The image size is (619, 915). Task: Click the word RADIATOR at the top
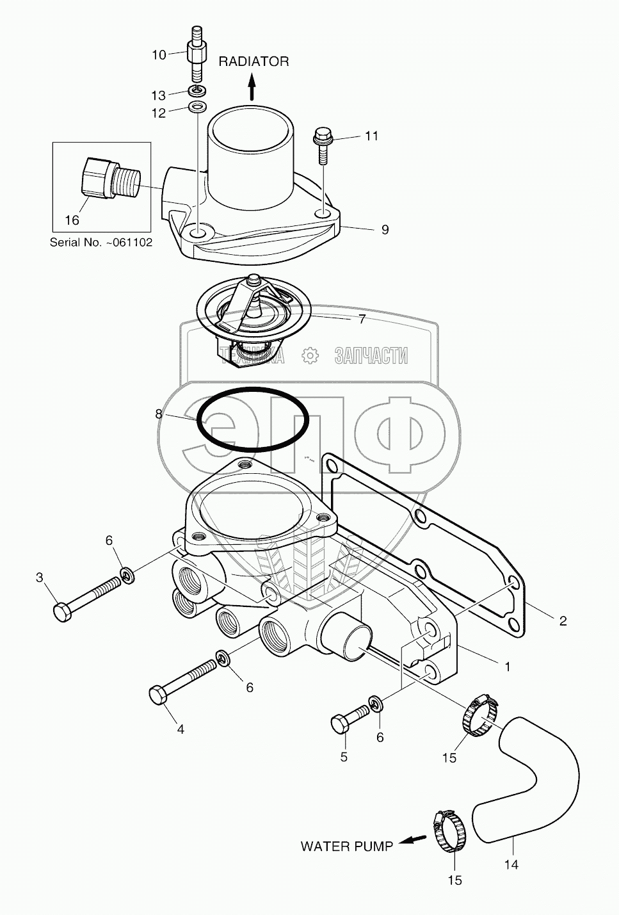253,61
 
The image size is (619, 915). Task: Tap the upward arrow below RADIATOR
252,86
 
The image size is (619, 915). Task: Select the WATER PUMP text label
347,846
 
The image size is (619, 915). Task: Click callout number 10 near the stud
159,55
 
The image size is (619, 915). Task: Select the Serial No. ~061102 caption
101,243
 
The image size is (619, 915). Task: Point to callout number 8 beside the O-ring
159,414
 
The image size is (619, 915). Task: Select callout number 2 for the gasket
563,620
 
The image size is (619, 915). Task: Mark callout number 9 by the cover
385,229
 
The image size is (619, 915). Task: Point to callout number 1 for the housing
508,667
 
